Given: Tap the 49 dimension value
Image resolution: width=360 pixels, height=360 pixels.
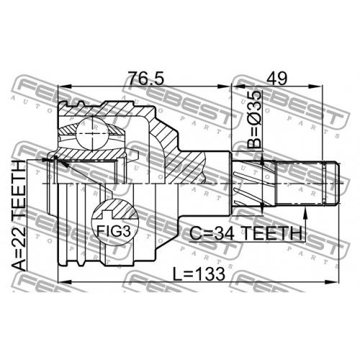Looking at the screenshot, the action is click(x=277, y=78).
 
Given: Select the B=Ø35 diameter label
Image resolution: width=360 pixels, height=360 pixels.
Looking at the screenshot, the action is click(x=254, y=120).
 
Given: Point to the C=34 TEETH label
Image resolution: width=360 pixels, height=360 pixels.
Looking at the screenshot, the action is click(x=246, y=233).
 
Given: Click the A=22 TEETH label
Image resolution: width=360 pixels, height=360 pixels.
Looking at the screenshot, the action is click(x=19, y=215).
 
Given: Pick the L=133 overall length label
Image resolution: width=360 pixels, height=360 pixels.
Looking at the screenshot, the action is click(x=199, y=274).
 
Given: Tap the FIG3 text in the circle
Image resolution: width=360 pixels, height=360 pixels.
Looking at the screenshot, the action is click(x=114, y=231).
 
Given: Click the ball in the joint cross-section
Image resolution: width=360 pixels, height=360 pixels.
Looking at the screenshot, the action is click(x=92, y=134).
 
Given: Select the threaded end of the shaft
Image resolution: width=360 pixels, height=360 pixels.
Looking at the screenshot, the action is click(x=308, y=184).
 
